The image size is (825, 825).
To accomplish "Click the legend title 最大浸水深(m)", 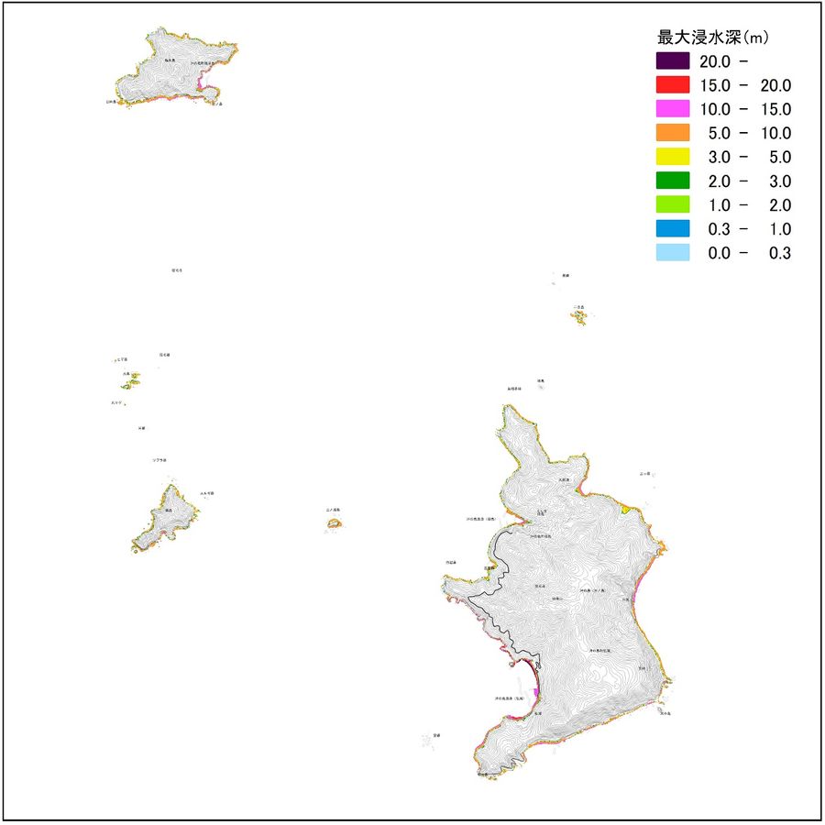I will pos(712,38).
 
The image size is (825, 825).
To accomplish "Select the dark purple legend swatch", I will pos(672,61).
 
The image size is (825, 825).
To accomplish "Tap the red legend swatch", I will pos(672,85).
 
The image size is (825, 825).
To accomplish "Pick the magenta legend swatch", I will pos(672,109).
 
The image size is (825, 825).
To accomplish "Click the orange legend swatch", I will pos(672,133).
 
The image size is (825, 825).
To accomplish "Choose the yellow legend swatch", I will pos(672,157).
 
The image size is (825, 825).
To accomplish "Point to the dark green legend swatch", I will pos(672,181).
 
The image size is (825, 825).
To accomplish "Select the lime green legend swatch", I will pos(672,204).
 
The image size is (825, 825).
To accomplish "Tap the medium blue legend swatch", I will pos(672,228).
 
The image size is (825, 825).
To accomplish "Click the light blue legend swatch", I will pos(672,252).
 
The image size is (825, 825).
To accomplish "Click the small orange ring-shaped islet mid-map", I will pos(334,523).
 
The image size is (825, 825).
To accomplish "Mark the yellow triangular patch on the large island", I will pos(624,508).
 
